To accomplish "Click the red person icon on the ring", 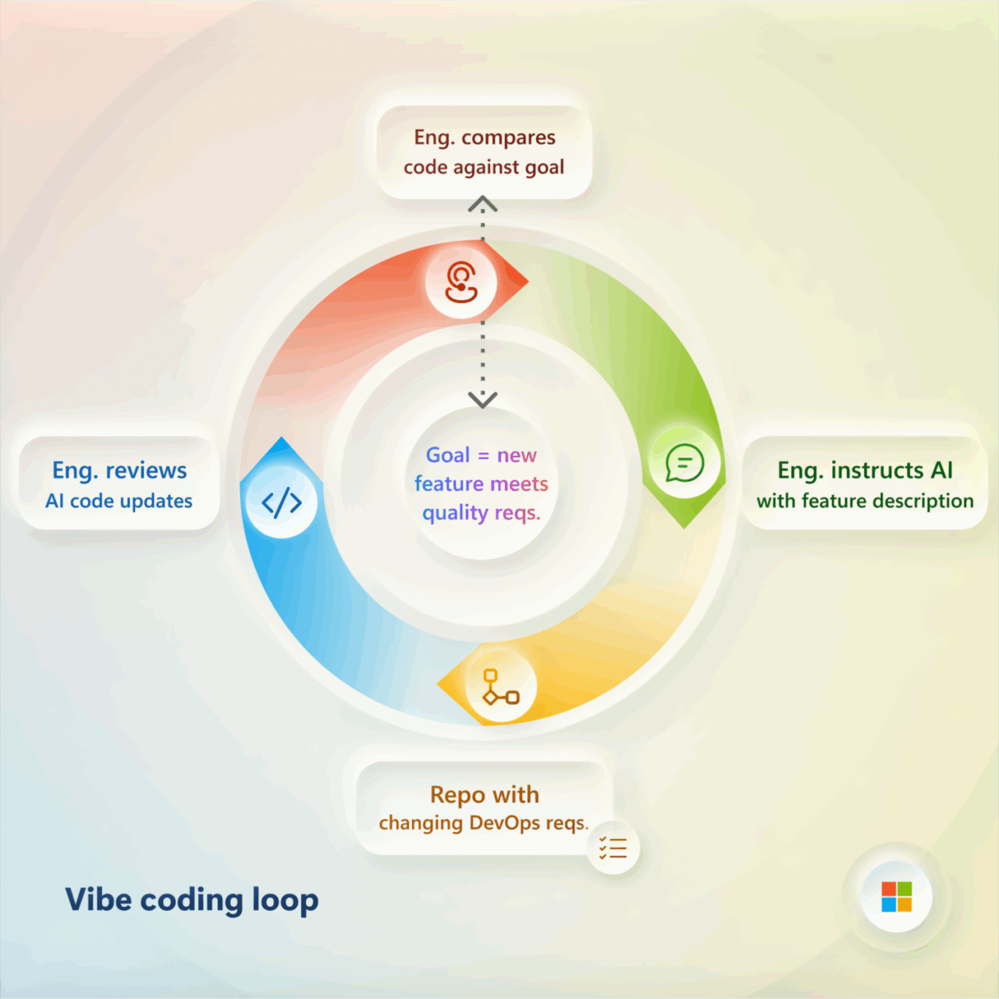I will point(461,282).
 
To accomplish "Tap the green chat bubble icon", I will point(684,464).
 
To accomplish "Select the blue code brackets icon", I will point(281,502).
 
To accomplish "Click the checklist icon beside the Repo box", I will point(613,848).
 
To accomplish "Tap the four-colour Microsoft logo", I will point(896,897).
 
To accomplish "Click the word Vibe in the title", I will point(98,900).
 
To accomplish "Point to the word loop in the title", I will point(285,901).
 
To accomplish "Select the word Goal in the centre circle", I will point(447,455).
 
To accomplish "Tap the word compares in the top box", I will point(508,138).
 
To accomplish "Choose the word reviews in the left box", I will point(146,471).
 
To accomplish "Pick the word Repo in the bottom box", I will point(458,795).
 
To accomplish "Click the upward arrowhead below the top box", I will point(482,204).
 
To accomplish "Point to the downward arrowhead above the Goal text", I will point(482,400).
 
